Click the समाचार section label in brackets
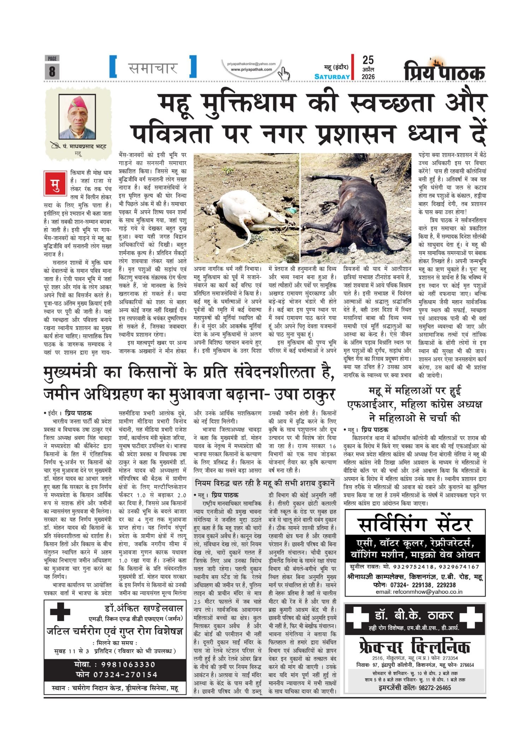pos(153,67)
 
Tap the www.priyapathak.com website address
pos(251,70)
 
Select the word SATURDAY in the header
pos(332,77)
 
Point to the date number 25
pos(368,60)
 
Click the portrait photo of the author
pos(78,116)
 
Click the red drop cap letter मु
pos(55,183)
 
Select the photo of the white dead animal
pos(246,208)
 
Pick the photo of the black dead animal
pos(356,208)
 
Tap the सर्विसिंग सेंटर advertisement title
pos(415,525)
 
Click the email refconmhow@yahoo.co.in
pos(419,592)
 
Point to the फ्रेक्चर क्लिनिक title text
pos(415,647)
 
